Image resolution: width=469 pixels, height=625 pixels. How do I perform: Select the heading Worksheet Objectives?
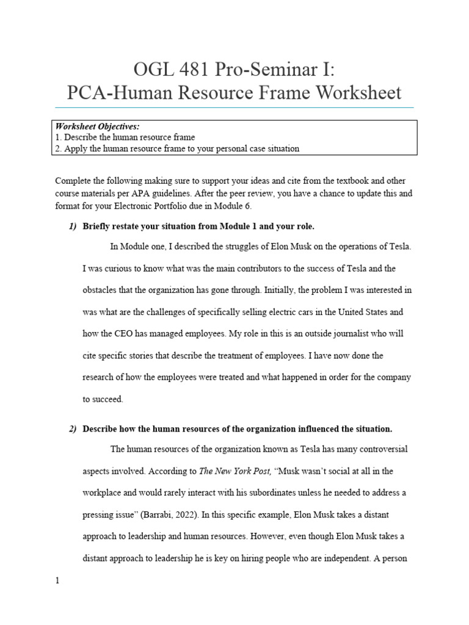pos(97,126)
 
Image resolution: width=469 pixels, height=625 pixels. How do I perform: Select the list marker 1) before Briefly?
pos(72,226)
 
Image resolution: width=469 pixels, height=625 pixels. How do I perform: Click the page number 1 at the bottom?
pos(57,581)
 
